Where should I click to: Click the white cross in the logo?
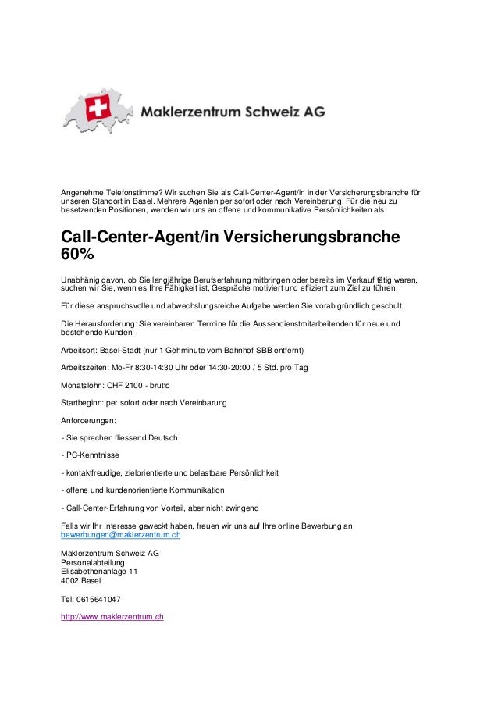[99, 109]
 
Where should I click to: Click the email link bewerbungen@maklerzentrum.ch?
[122, 536]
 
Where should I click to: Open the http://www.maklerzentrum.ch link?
[112, 617]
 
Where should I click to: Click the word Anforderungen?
[88, 421]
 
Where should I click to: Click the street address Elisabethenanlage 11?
[99, 571]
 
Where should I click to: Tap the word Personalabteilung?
[92, 562]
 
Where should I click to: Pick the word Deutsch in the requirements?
[161, 437]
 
